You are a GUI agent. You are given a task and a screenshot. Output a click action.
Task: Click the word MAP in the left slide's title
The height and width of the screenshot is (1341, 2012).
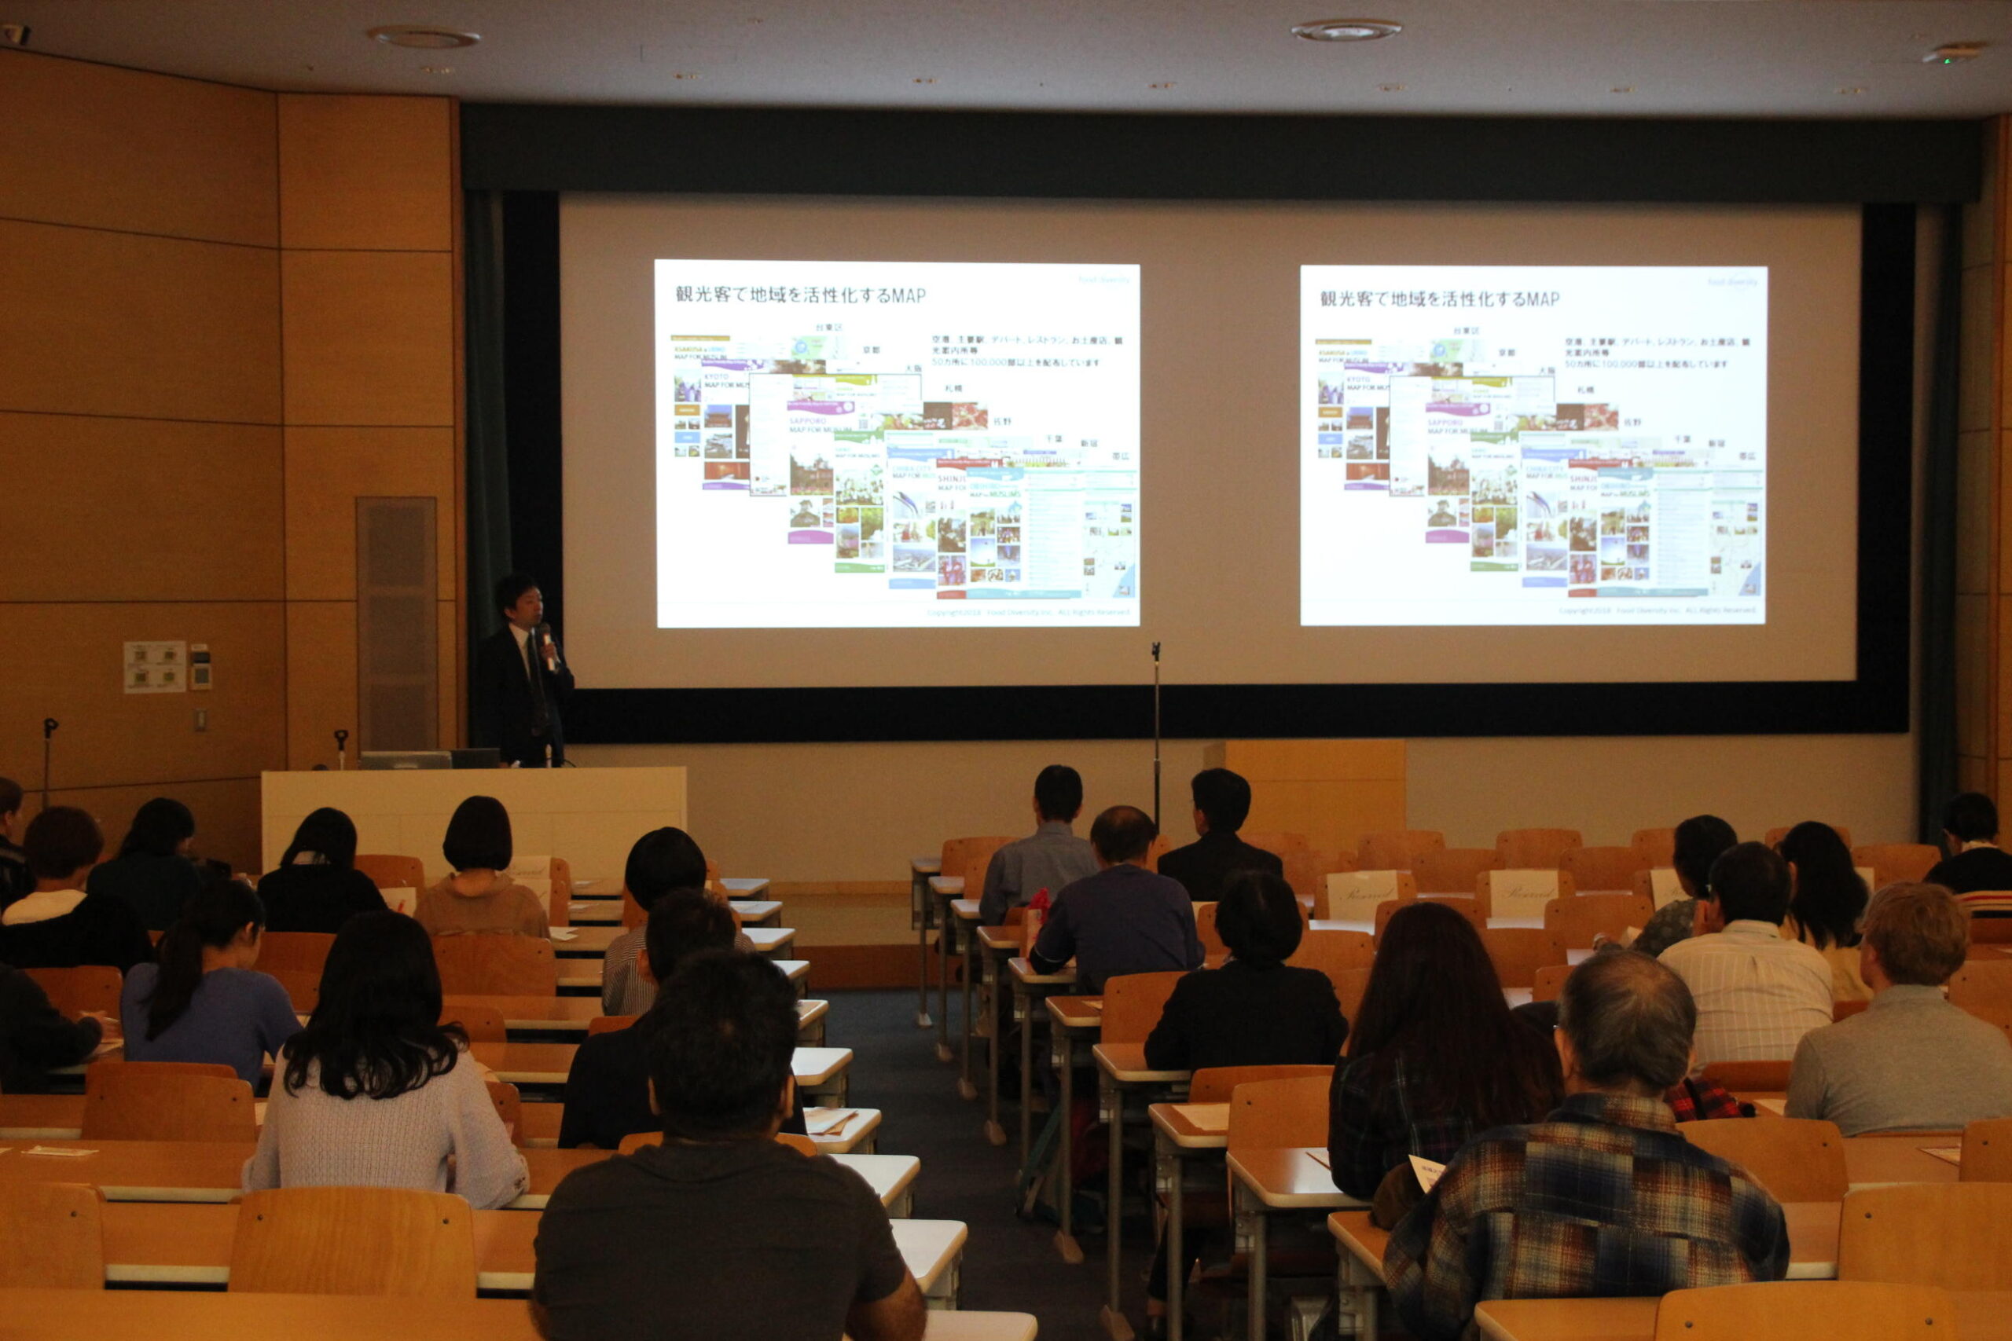[x=908, y=295]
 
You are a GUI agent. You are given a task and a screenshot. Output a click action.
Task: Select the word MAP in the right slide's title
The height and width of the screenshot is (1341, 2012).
[x=1542, y=299]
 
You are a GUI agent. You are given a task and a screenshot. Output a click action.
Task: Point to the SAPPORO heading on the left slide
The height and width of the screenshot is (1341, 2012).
[x=806, y=421]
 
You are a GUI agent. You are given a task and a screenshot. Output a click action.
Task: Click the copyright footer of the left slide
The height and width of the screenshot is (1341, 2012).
[x=1027, y=612]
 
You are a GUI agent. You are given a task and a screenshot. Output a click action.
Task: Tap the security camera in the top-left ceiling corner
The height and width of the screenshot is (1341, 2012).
[x=16, y=35]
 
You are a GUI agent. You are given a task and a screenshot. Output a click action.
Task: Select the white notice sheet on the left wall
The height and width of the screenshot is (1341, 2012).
[x=154, y=666]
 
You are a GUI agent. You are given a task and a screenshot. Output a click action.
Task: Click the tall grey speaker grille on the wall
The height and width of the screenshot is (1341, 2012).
[x=396, y=625]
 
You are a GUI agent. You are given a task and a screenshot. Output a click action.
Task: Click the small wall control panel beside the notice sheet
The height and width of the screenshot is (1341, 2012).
[x=200, y=666]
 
